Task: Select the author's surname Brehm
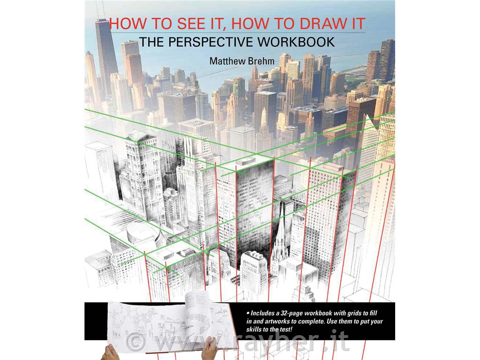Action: pyautogui.click(x=263, y=60)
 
